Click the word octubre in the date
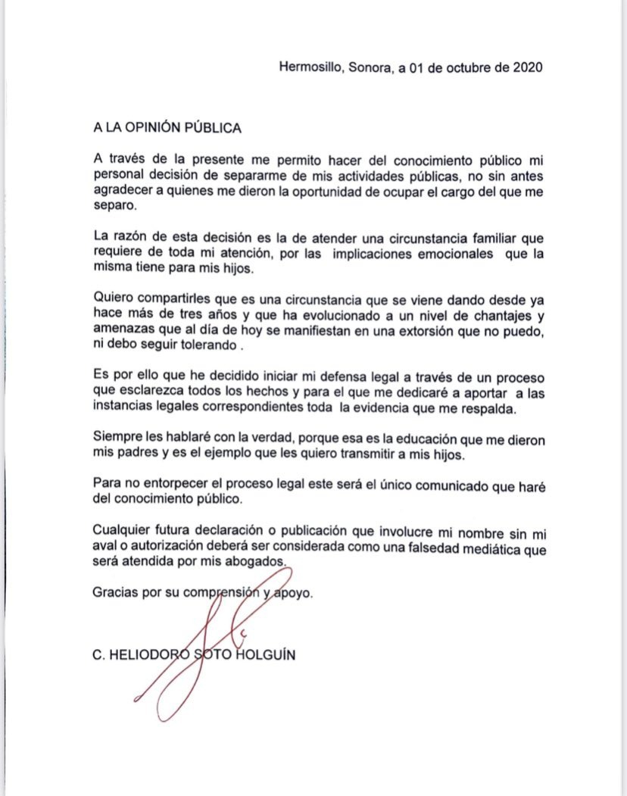tap(461, 67)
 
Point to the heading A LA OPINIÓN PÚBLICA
tap(167, 128)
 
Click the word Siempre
tap(114, 440)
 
